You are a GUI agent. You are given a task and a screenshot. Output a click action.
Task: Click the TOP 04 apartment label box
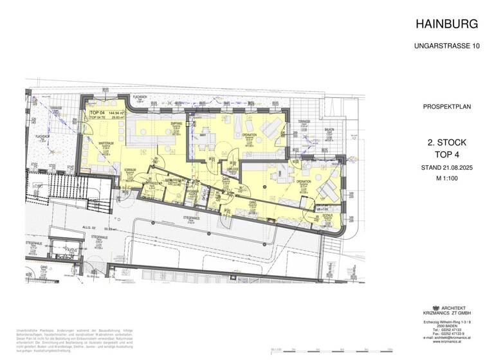coord(106,115)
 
